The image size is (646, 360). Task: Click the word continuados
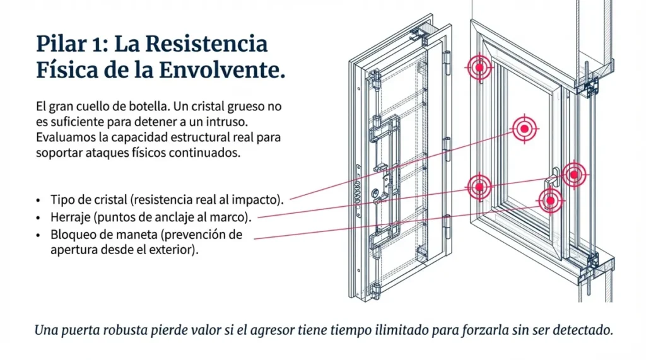[208, 153]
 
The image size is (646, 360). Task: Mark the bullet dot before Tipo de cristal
[38, 200]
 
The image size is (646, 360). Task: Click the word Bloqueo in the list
[71, 235]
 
